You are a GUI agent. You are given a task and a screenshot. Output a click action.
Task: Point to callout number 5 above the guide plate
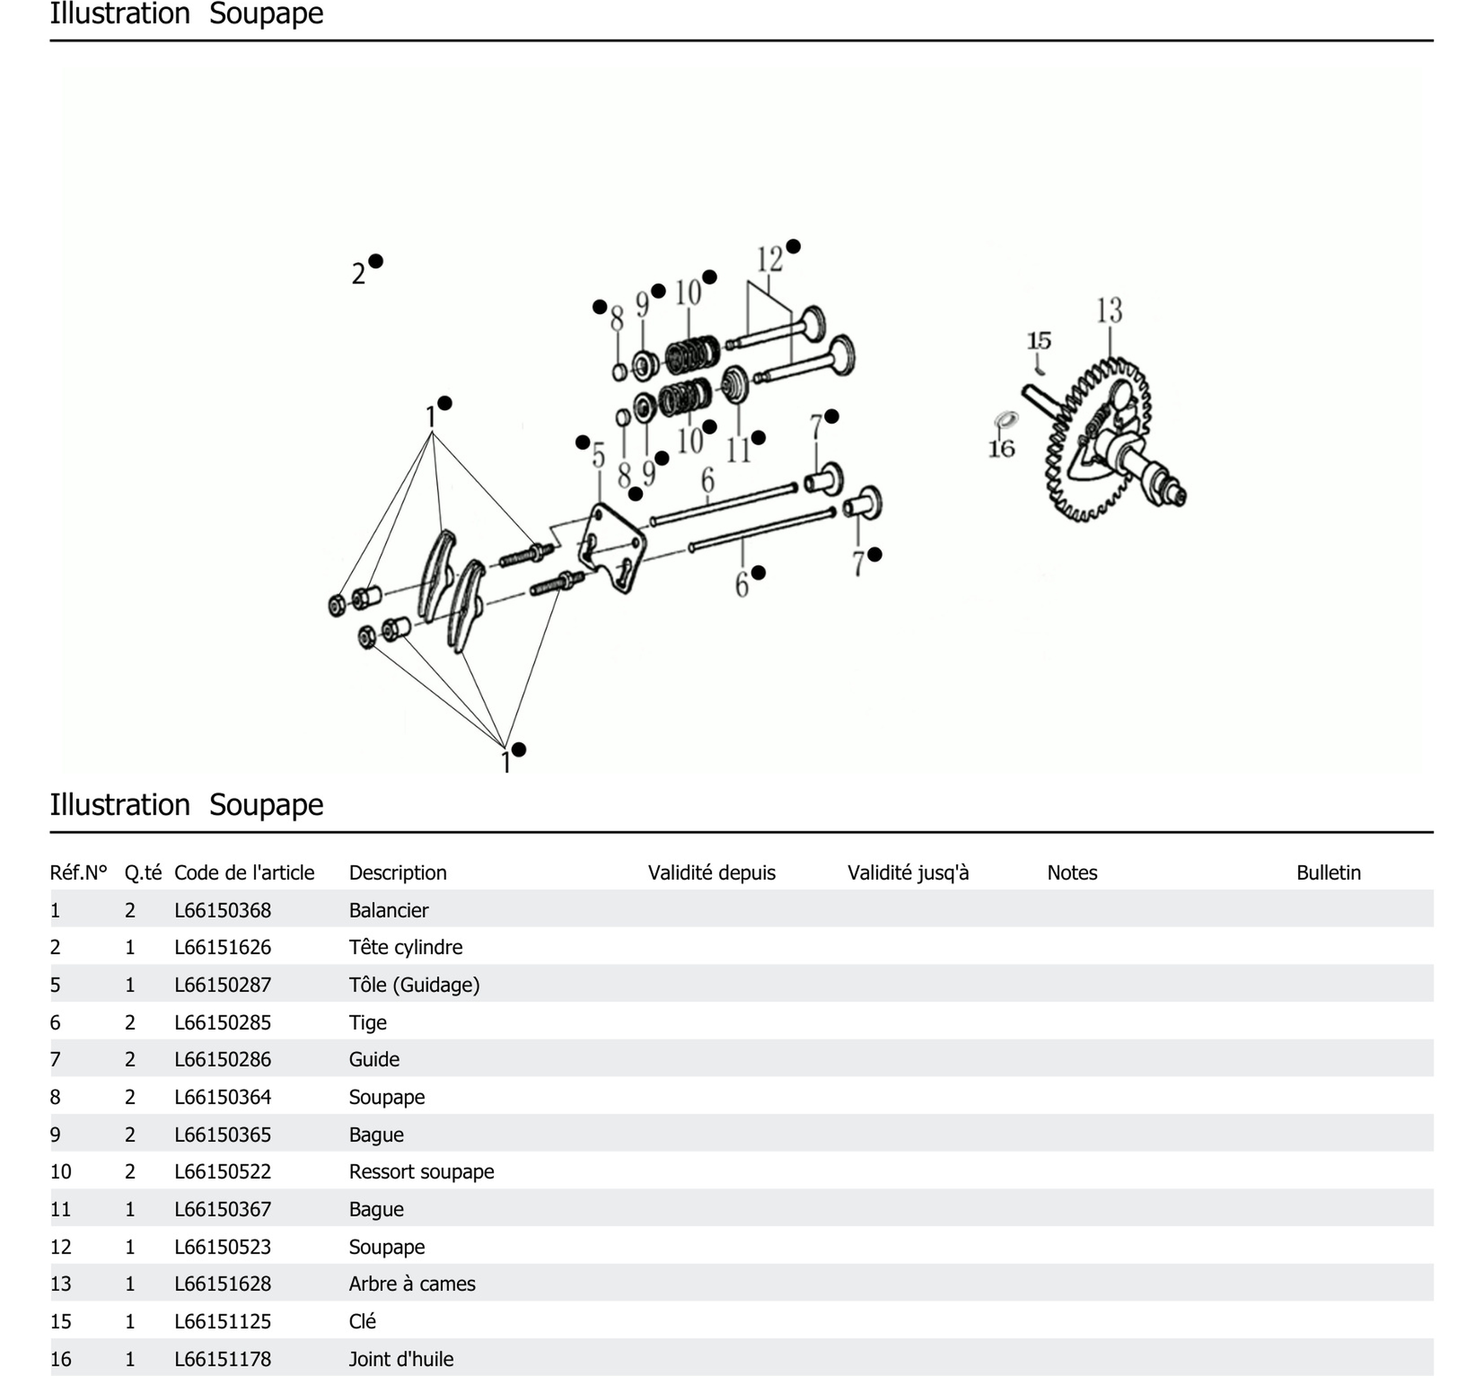tap(599, 456)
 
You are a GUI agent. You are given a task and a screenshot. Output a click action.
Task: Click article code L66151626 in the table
tap(223, 947)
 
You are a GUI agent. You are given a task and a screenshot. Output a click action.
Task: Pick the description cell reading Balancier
tap(389, 910)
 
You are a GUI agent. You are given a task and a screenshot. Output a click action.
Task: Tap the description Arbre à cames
tap(412, 1284)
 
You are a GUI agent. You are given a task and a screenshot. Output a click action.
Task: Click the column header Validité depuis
tap(711, 872)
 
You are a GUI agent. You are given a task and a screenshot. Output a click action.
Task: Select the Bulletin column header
tap(1328, 872)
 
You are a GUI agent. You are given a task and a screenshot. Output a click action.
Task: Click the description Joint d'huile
tap(400, 1359)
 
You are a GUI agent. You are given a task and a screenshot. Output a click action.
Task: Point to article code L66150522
tap(223, 1171)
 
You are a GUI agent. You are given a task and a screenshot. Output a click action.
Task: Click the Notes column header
tap(1071, 872)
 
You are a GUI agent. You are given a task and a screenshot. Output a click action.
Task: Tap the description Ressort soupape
tap(421, 1171)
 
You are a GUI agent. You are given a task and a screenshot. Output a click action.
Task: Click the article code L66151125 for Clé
tap(223, 1322)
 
